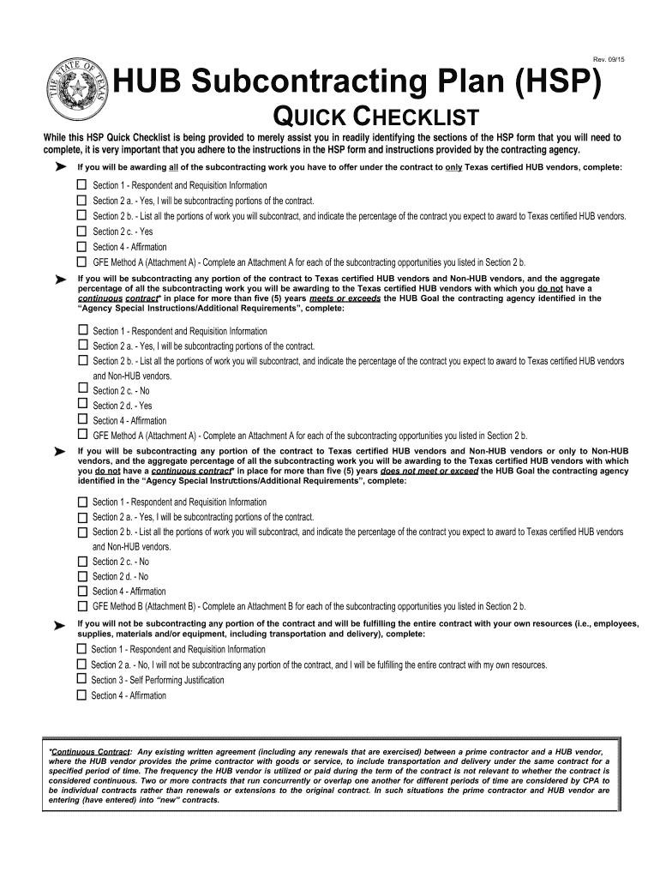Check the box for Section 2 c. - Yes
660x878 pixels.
point(82,231)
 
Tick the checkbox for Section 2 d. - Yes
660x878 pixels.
point(82,405)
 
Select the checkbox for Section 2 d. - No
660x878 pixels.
point(82,576)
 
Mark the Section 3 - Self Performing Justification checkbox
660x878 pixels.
point(81,680)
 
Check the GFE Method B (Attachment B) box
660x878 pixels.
point(82,606)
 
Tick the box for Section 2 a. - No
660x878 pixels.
point(81,665)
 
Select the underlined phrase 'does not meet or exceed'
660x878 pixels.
point(429,471)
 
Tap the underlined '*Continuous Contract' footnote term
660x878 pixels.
point(89,751)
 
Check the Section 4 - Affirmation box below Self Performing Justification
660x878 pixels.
point(81,695)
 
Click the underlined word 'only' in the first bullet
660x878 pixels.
point(453,167)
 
